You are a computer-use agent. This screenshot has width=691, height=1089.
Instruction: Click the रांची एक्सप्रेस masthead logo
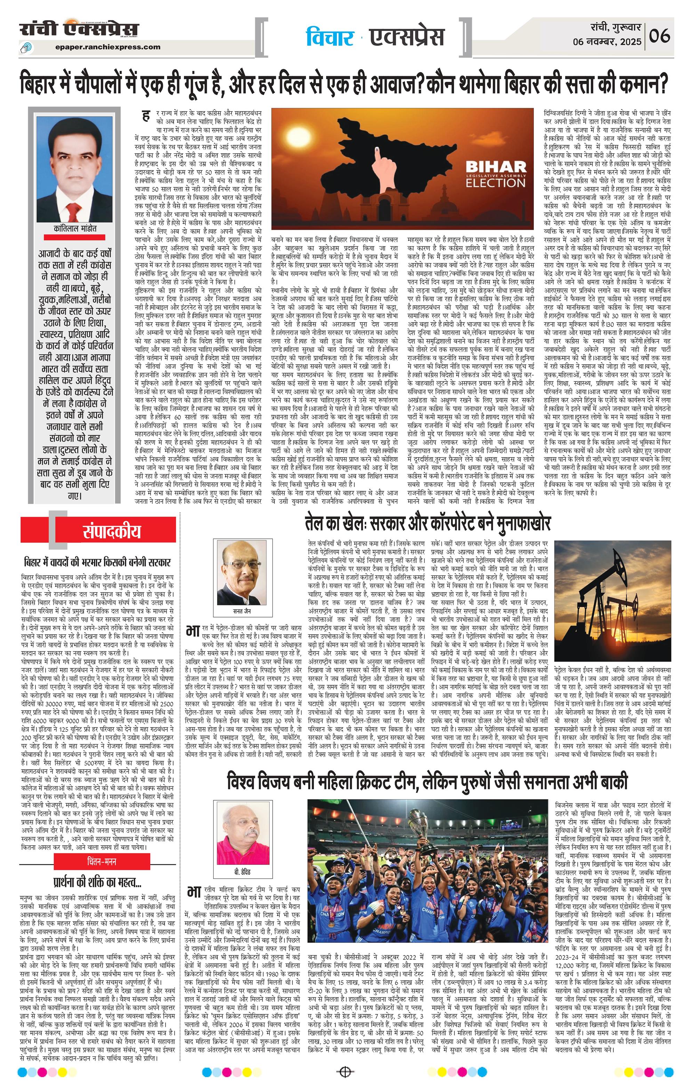tap(79, 30)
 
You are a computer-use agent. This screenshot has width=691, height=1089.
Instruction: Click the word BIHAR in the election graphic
tap(496, 166)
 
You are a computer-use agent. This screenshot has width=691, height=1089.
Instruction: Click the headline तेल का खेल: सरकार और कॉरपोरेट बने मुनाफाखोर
tap(427, 524)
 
